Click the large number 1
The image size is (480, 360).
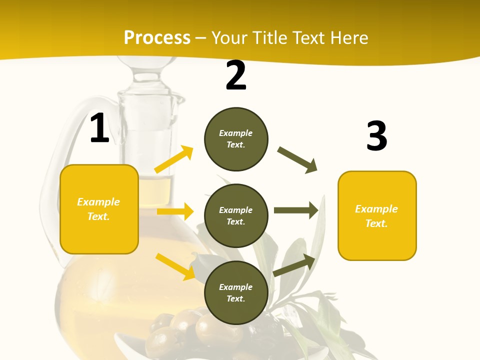click(x=99, y=128)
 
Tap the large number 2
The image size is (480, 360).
click(x=236, y=76)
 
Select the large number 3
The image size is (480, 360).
click(x=376, y=136)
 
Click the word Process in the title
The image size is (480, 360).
click(x=157, y=37)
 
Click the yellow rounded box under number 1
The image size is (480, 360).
click(x=99, y=209)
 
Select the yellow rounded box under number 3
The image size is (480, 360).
click(x=377, y=215)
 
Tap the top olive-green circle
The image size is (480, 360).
click(x=236, y=139)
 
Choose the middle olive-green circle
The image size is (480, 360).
click(x=236, y=216)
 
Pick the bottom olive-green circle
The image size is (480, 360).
click(x=236, y=293)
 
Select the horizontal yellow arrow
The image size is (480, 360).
click(x=175, y=211)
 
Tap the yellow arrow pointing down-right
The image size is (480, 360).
click(x=175, y=266)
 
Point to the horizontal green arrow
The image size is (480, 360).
click(x=296, y=210)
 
